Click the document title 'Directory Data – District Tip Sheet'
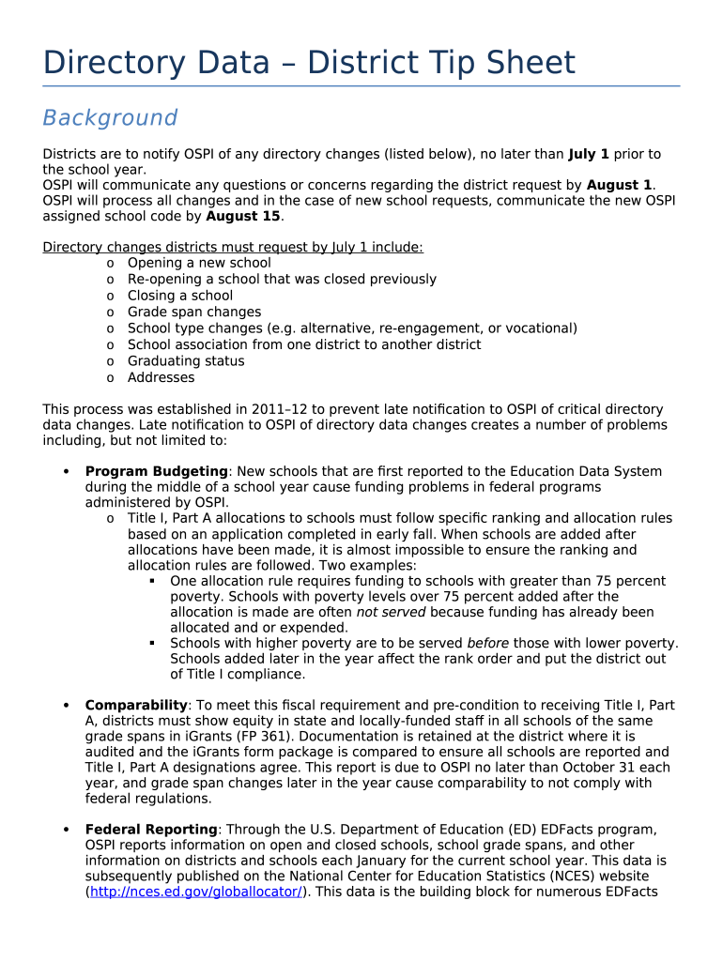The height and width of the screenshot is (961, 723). [x=309, y=64]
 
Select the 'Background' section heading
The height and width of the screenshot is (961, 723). [x=110, y=118]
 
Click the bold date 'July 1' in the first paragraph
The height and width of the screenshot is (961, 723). [x=589, y=154]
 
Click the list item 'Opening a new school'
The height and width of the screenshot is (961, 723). [x=199, y=263]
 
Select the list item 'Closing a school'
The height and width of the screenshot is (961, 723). [x=180, y=296]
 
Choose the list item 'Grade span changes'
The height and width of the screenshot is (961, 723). [x=194, y=312]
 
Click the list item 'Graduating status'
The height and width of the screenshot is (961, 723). [x=186, y=361]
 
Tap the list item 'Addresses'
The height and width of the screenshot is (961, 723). [x=162, y=377]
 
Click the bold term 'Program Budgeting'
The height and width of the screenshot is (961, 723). [x=156, y=471]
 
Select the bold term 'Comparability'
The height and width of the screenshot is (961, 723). [x=136, y=705]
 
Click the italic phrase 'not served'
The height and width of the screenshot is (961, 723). [x=391, y=612]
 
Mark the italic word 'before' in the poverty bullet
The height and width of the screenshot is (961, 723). [x=488, y=643]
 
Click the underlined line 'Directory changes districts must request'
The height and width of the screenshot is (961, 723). [x=233, y=248]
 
